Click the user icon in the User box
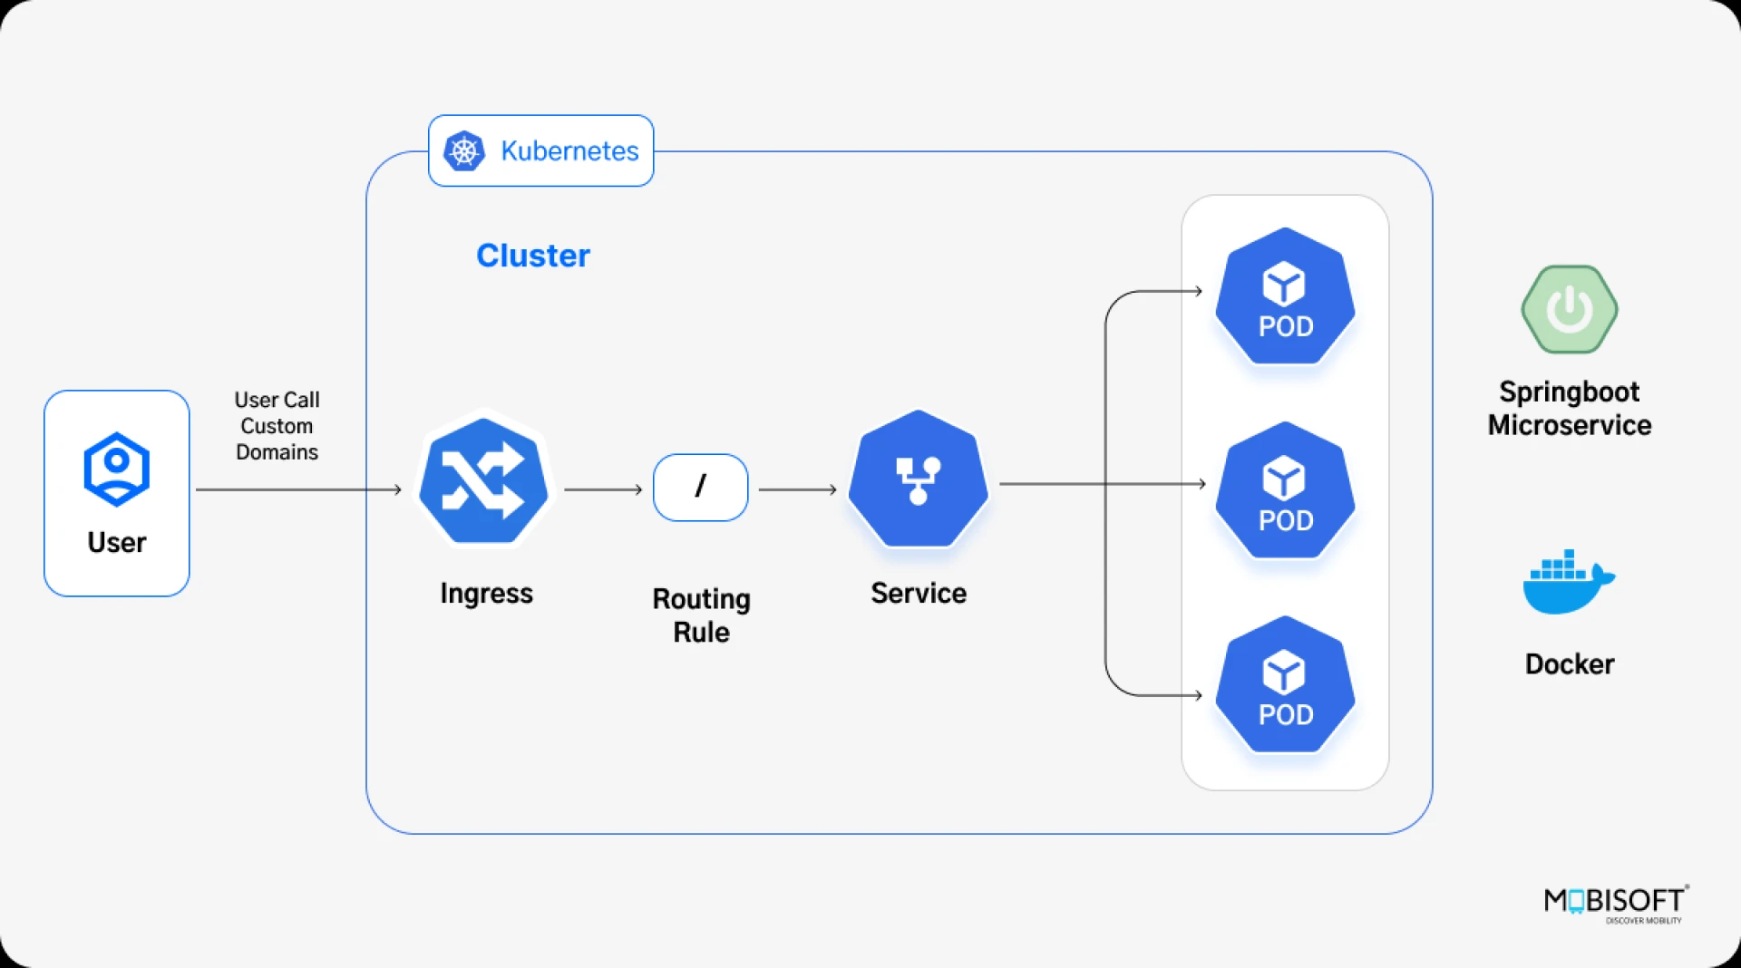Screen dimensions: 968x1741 (x=116, y=469)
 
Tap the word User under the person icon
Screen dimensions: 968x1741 (x=116, y=542)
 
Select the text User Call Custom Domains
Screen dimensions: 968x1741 (x=277, y=426)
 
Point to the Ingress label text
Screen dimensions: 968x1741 (x=486, y=594)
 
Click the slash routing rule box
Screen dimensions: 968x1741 (x=700, y=488)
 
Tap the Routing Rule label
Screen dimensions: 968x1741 (x=701, y=615)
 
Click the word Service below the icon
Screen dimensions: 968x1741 (x=918, y=594)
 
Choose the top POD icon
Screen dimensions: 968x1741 (x=1285, y=296)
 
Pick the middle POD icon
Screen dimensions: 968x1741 (x=1285, y=490)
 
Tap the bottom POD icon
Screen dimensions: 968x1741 (x=1285, y=685)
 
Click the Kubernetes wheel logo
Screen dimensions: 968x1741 (x=464, y=150)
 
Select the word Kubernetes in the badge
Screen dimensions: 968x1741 (x=569, y=151)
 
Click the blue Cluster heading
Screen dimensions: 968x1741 (x=533, y=256)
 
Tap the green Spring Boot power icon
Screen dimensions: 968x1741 (x=1569, y=309)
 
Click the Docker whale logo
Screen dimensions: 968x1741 (x=1568, y=583)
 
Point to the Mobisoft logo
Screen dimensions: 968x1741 (x=1616, y=903)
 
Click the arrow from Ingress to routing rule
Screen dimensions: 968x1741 (x=602, y=489)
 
